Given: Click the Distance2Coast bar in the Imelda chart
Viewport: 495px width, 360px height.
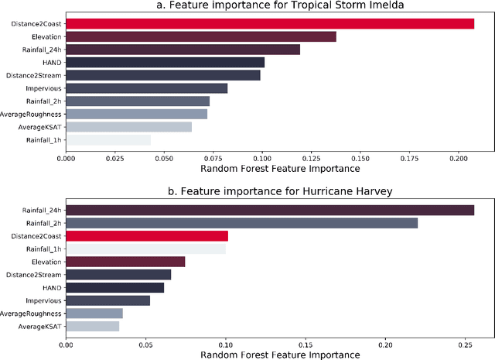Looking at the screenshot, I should click(x=269, y=24).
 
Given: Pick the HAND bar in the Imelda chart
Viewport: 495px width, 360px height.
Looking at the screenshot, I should click(x=165, y=62).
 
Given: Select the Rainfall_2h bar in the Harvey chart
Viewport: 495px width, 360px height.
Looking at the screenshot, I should click(x=241, y=223).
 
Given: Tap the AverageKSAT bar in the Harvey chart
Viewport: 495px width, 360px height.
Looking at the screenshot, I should click(x=92, y=327).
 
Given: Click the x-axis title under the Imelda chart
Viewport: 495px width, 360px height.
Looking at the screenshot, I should click(x=280, y=168).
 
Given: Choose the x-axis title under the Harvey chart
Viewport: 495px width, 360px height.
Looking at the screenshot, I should click(x=280, y=354).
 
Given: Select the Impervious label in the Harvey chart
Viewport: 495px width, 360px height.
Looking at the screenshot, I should click(x=45, y=300).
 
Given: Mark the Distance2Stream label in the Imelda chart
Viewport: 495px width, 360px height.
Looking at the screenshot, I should click(x=34, y=76).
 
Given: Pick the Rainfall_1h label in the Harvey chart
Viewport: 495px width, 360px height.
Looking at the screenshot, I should click(x=43, y=249).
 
